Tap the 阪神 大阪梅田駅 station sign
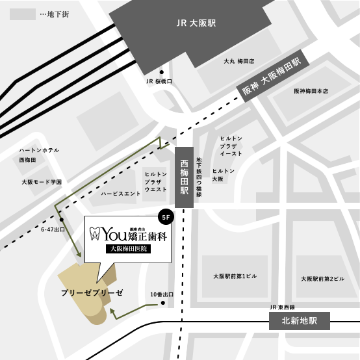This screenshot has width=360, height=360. pos(273,80)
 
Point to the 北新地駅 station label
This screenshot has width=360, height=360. pos(300,320)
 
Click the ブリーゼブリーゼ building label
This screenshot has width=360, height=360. pos(91,293)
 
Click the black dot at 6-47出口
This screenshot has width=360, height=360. pos(55,219)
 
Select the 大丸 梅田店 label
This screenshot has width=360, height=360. pos(238,61)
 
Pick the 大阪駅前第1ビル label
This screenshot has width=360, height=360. pos(236,276)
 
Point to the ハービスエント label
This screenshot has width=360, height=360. pos(121,194)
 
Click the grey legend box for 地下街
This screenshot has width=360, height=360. pos(23,14)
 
